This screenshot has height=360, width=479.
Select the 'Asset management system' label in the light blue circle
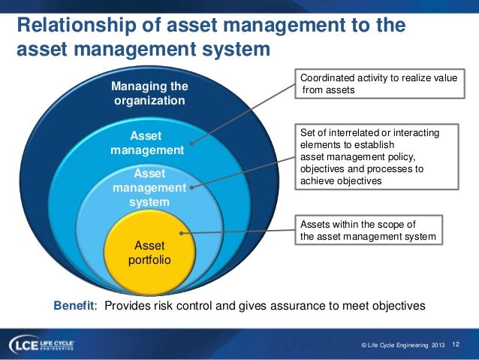pos(149,188)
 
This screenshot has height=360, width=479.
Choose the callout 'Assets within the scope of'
pos(368,231)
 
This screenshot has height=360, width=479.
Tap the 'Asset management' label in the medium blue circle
pos(147,143)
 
